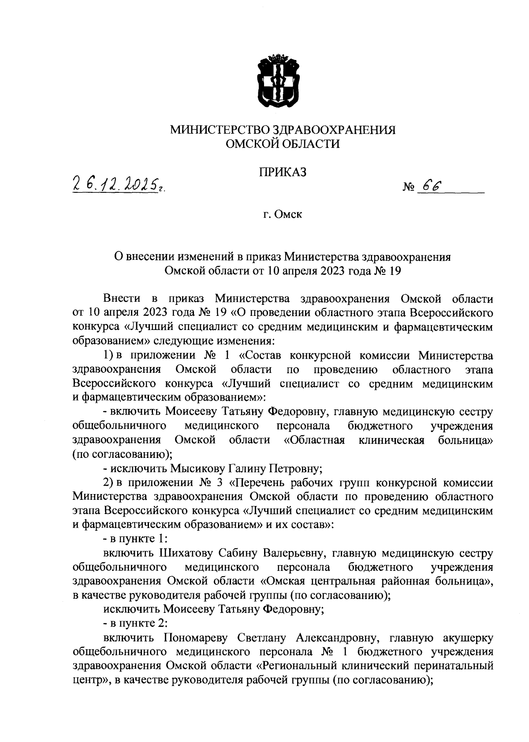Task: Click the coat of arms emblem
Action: (x=279, y=82)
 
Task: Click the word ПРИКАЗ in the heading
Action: (x=283, y=172)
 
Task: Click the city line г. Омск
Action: (x=283, y=215)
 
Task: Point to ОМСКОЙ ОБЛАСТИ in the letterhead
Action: (x=283, y=144)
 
